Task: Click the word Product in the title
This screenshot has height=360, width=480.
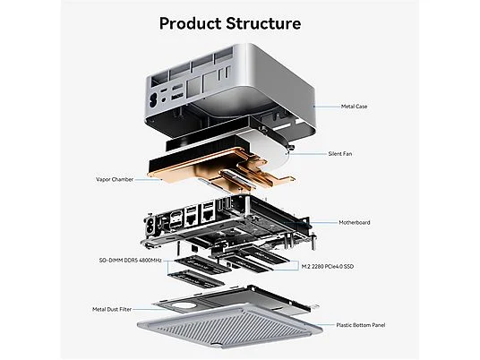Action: pyautogui.click(x=190, y=23)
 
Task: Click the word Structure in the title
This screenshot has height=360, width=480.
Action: pyautogui.click(x=263, y=23)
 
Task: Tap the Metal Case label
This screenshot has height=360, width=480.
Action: pyautogui.click(x=354, y=107)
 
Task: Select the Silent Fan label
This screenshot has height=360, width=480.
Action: pyautogui.click(x=340, y=154)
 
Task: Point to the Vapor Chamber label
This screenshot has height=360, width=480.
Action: pyautogui.click(x=115, y=179)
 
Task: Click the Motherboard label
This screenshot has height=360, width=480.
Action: pyautogui.click(x=355, y=223)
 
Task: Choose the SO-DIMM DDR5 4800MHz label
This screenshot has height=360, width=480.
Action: pyautogui.click(x=130, y=261)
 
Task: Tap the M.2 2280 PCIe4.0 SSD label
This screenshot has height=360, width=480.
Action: pyautogui.click(x=328, y=267)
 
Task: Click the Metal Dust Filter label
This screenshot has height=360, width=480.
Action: pyautogui.click(x=112, y=310)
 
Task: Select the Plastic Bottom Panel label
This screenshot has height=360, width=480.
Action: pyautogui.click(x=361, y=325)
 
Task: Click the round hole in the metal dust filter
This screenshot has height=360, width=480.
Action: pyautogui.click(x=184, y=305)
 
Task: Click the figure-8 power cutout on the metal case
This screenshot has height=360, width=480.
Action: pyautogui.click(x=153, y=100)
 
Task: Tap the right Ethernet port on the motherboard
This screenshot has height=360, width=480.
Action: pyautogui.click(x=207, y=215)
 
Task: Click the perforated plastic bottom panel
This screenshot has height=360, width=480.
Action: pyautogui.click(x=229, y=328)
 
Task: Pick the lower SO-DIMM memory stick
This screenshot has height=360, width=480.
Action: pyautogui.click(x=196, y=279)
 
